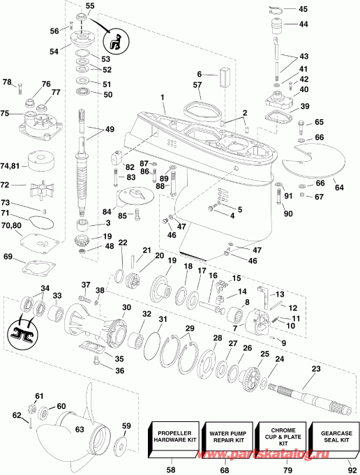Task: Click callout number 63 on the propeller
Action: point(80,429)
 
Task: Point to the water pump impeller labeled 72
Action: point(38,190)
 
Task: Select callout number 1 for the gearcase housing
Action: point(163,98)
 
